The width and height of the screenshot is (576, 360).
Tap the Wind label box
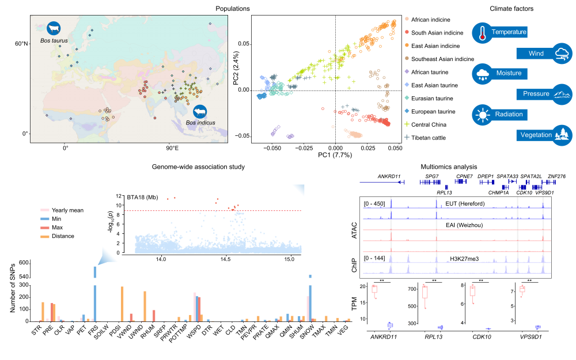pyautogui.click(x=536, y=54)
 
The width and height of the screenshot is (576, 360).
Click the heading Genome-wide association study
pyautogui.click(x=199, y=166)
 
